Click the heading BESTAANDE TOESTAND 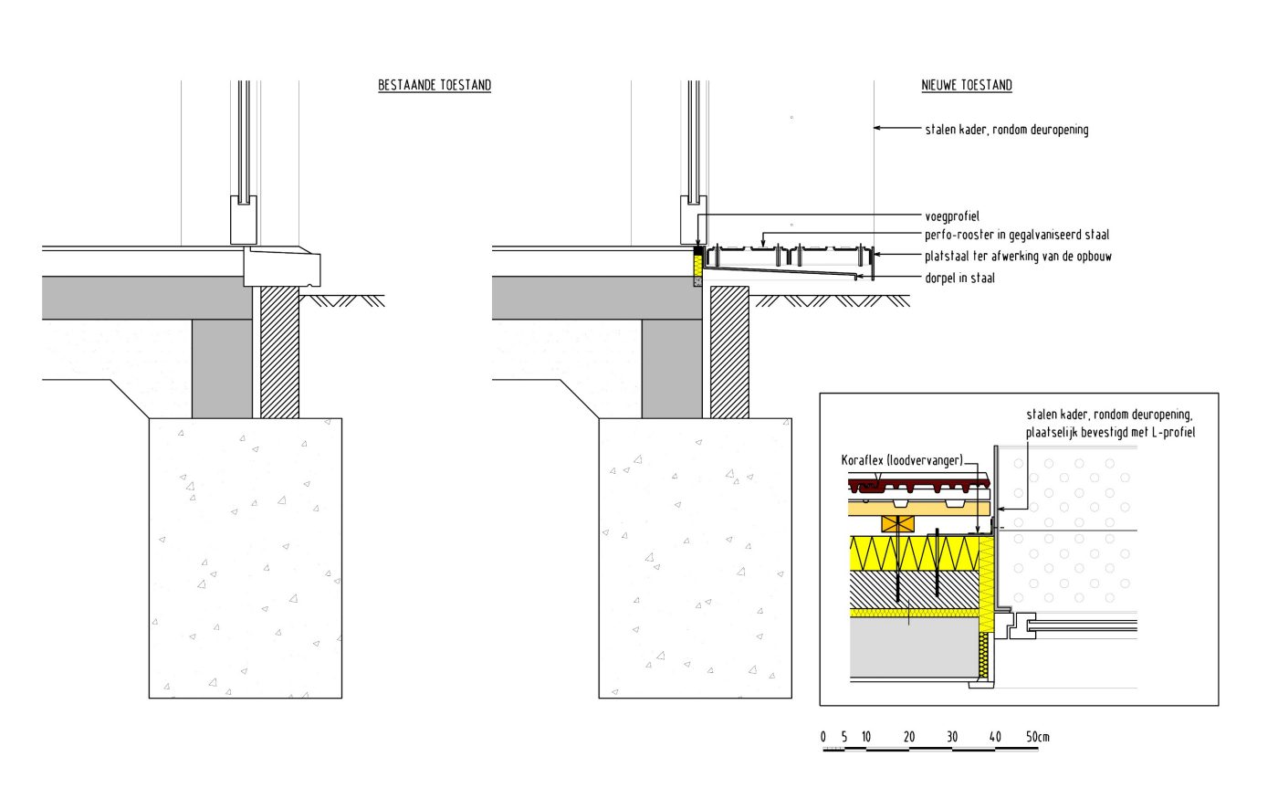pyautogui.click(x=435, y=86)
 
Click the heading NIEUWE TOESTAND pyautogui.click(x=967, y=86)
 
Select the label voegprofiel pyautogui.click(x=951, y=217)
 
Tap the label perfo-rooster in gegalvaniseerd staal pyautogui.click(x=1017, y=236)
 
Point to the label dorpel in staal pyautogui.click(x=959, y=279)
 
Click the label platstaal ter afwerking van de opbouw pyautogui.click(x=1018, y=257)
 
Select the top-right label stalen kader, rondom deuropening pyautogui.click(x=1006, y=130)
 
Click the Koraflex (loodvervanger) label pyautogui.click(x=902, y=460)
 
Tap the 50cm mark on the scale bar pyautogui.click(x=1037, y=737)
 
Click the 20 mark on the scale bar pyautogui.click(x=909, y=737)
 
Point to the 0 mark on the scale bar pyautogui.click(x=823, y=737)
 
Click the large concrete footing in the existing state pyautogui.click(x=246, y=558)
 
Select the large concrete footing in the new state pyautogui.click(x=695, y=558)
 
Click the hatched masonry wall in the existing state pyautogui.click(x=279, y=352)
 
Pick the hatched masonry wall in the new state pyautogui.click(x=729, y=352)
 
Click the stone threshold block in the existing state pyautogui.click(x=283, y=267)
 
